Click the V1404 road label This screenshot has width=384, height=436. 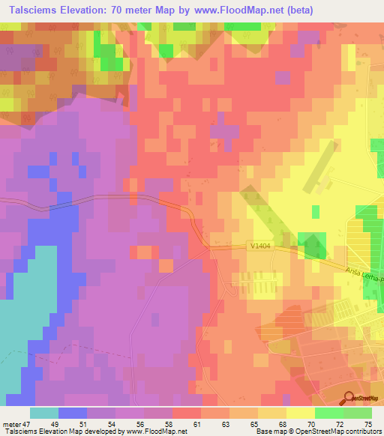click(x=262, y=246)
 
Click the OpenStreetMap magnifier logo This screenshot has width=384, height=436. click(x=349, y=399)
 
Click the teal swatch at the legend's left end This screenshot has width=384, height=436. click(x=43, y=413)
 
